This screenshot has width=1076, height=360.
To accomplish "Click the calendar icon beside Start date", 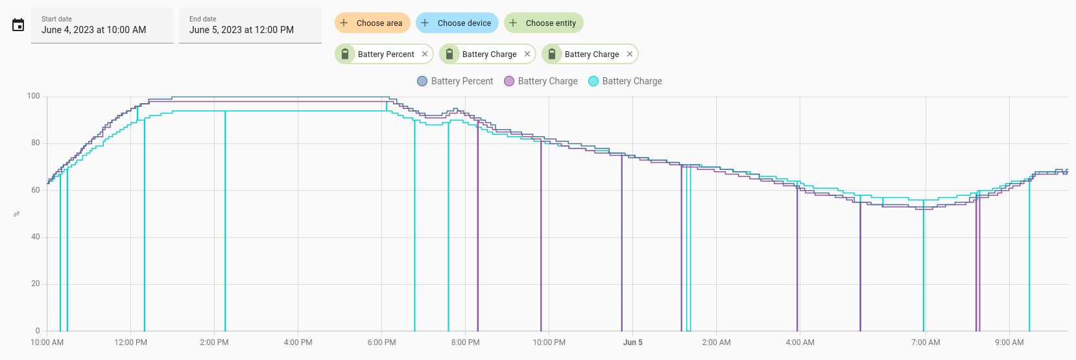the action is point(18,25).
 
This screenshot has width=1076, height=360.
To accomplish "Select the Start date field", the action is point(102,25).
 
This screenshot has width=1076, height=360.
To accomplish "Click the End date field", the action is point(250,25).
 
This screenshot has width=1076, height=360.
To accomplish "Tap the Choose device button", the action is point(457,23).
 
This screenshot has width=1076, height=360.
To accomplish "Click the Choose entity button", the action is point(544,23).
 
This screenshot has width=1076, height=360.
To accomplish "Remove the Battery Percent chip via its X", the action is point(425,54).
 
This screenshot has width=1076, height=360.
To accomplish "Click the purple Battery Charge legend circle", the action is point(509,81).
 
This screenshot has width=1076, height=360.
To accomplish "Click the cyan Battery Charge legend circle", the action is point(593,81).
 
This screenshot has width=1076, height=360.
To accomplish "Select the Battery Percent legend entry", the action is point(455,81).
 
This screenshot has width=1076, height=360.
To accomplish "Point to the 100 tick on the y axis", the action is point(34,96).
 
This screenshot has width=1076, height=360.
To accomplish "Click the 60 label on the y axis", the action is point(35,190).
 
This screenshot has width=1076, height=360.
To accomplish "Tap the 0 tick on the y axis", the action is point(38,331).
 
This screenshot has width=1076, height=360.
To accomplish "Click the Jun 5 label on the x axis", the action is point(632,342).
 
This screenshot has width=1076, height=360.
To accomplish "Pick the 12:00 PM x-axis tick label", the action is point(130,342).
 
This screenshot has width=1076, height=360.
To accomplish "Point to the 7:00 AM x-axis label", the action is point(926,342).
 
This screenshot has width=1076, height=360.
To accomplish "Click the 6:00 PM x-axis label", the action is point(382,342).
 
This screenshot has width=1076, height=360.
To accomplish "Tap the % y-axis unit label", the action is point(17,214).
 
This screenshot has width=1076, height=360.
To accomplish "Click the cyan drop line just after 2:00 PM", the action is point(225,221).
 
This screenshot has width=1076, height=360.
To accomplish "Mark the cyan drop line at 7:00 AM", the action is point(924,265).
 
